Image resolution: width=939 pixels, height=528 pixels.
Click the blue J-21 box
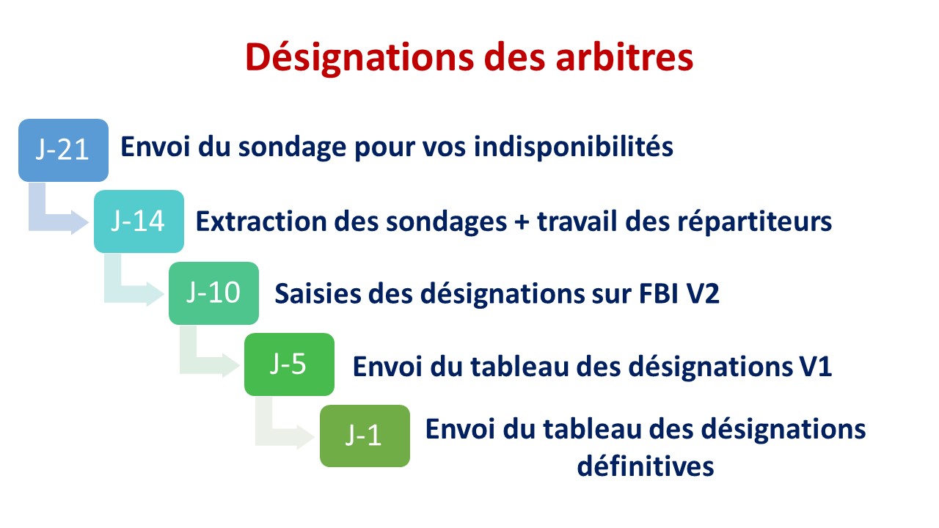coord(63,150)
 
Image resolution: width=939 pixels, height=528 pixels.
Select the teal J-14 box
coord(139,221)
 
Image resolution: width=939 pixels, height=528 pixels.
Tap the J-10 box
coord(213,293)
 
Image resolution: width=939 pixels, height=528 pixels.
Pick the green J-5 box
coord(289,364)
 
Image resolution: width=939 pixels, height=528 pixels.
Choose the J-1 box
coord(365,436)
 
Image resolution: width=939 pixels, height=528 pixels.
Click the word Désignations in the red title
coord(359,58)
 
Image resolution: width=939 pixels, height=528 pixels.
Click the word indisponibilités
coord(574,147)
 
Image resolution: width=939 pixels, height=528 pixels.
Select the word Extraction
coord(261,221)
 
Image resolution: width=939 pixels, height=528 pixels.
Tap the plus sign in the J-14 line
coord(522,222)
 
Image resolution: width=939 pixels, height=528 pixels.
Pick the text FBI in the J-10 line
coord(659,293)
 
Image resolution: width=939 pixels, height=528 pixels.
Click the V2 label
coord(703,293)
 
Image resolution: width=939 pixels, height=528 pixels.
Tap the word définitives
coord(646,466)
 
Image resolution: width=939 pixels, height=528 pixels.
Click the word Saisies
coord(318,293)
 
